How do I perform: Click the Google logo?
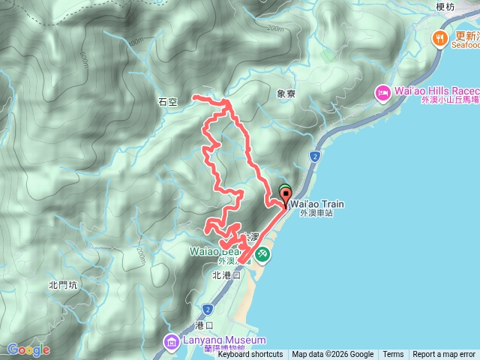28,349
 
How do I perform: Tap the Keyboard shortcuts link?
250,355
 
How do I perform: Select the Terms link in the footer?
393,355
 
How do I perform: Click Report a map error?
444,355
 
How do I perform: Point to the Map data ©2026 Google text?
333,355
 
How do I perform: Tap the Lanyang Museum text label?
217,340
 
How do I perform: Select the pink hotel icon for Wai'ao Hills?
382,91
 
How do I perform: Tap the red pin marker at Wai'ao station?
286,197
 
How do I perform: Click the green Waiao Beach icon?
263,255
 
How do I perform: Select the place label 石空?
167,102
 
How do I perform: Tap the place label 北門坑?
63,284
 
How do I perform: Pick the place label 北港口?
226,275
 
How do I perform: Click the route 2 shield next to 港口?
206,309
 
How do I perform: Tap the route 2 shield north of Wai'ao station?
314,156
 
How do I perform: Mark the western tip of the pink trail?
193,97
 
